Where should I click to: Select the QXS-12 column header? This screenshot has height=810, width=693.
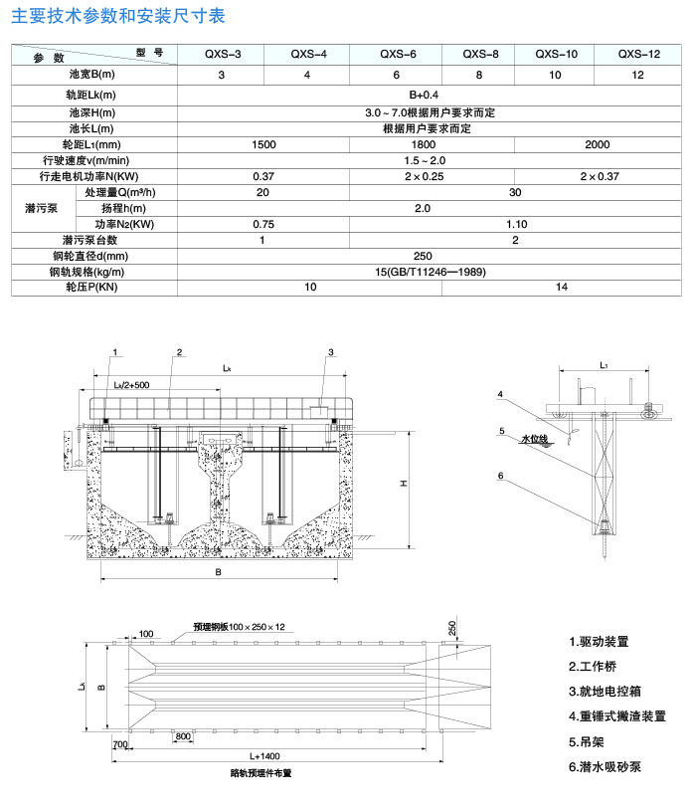click(x=637, y=55)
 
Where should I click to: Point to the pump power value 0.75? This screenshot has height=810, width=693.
click(x=263, y=224)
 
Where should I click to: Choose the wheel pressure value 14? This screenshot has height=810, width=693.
click(x=563, y=287)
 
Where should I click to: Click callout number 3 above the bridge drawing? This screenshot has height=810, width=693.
click(x=330, y=352)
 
